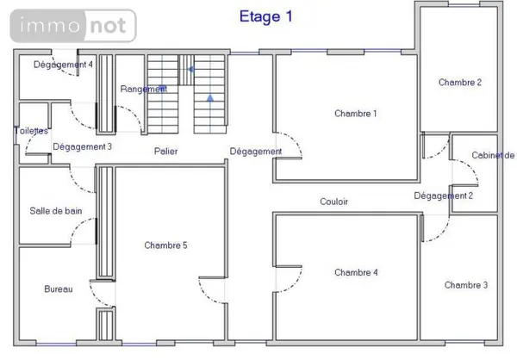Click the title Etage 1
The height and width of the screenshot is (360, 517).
pos(265,17)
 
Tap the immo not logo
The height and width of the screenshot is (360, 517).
pos(73,26)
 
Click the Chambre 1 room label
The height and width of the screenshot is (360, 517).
pos(355,114)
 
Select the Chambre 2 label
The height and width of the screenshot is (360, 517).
pos(460,82)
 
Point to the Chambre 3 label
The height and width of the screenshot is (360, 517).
pos(466,285)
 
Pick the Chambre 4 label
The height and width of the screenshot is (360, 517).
pos(356,272)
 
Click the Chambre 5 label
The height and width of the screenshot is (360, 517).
pos(165,245)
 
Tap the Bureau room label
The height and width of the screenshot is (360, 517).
pos(59,289)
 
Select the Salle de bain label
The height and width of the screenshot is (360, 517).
pos(56,211)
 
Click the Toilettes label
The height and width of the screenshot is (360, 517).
pos(31,131)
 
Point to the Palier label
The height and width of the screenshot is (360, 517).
pos(165,152)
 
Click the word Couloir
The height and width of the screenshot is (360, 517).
pos(334,202)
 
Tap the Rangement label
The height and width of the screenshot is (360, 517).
pos(144,89)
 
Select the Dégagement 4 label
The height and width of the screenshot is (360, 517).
pos(63,65)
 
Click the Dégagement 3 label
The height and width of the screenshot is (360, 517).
pos(83,146)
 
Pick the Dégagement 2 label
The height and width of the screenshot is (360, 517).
pos(444,196)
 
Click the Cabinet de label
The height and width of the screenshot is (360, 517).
pos(493,155)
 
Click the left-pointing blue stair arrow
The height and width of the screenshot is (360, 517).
pos(190,70)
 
